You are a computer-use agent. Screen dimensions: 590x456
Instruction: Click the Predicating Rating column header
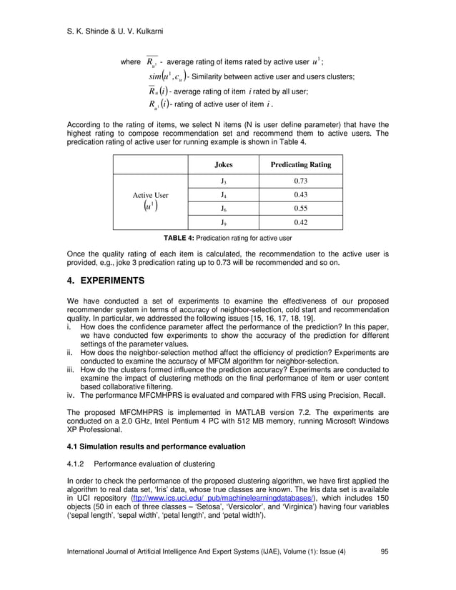click(300, 164)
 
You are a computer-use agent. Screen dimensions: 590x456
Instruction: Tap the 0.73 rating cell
click(300, 181)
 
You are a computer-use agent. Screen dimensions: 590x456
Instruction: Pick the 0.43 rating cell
click(300, 194)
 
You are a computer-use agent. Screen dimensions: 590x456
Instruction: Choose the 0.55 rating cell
click(300, 208)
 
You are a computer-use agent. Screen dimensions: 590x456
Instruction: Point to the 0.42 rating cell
click(300, 221)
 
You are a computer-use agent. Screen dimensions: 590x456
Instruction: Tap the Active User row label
click(151, 195)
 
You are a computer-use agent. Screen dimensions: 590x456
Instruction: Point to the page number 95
click(385, 571)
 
